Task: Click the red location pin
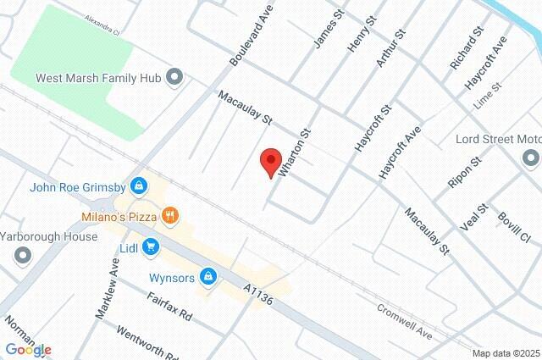click(x=270, y=162)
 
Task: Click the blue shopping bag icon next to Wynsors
click(x=208, y=276)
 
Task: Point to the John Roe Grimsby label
click(x=78, y=187)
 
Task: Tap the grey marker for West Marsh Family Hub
click(x=175, y=78)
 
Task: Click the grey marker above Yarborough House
click(x=22, y=254)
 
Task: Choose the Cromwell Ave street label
click(x=405, y=322)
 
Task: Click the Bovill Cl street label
click(x=512, y=228)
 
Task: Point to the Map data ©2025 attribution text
click(x=505, y=353)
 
